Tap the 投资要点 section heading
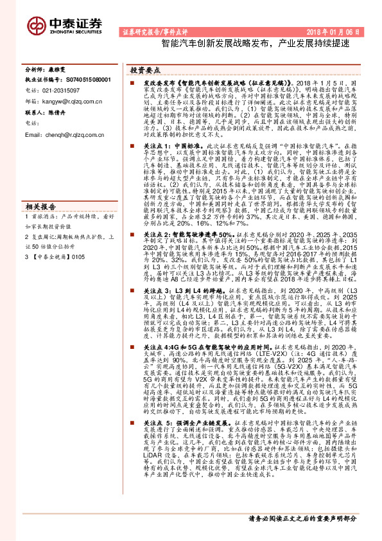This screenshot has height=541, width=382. (x=145, y=68)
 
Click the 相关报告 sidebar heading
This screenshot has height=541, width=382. (x=41, y=206)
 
